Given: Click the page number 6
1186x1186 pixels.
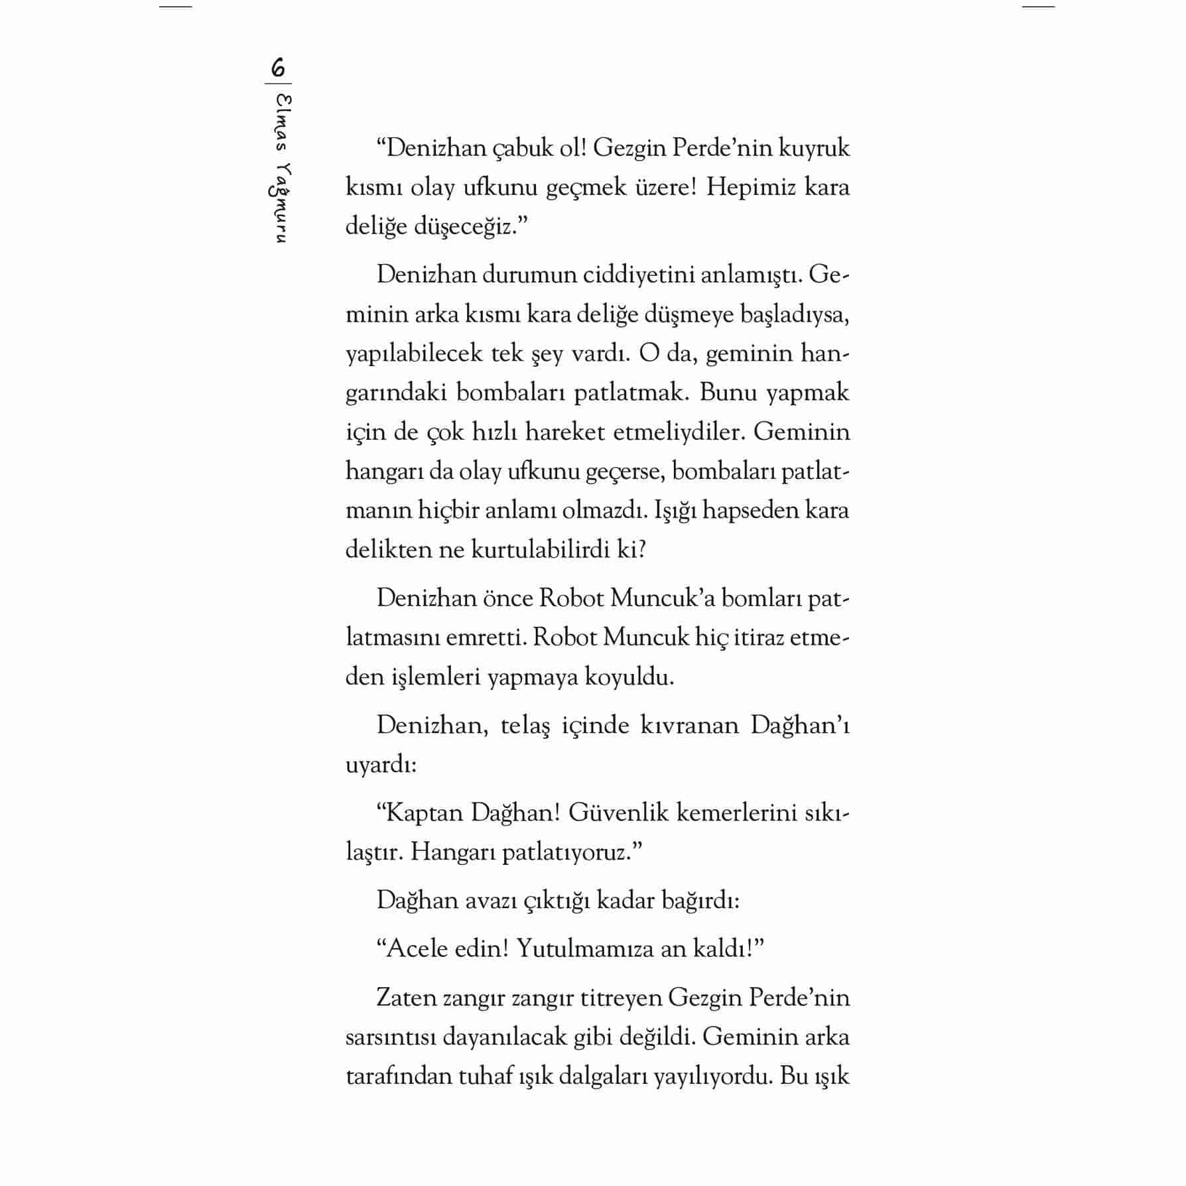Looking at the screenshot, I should (278, 68).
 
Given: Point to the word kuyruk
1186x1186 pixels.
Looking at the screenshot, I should (814, 148).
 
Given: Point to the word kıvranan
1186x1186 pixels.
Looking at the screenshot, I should (690, 725).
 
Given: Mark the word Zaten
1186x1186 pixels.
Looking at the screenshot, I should (406, 998).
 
